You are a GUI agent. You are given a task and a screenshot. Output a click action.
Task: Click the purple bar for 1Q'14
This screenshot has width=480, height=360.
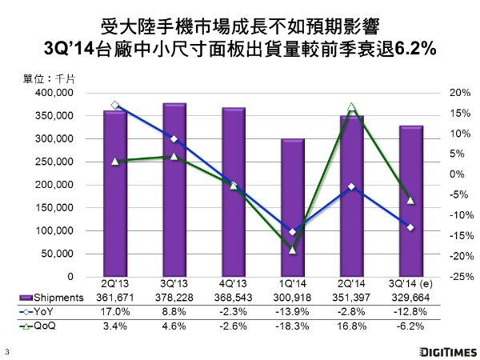coord(292,208)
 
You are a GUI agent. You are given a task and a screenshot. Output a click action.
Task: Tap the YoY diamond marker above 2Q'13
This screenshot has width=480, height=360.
coord(115,105)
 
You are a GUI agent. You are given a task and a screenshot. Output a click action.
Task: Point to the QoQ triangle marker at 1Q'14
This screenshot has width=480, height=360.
coord(292,250)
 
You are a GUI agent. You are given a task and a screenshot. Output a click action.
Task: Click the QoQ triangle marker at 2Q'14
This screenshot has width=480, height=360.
coord(351,106)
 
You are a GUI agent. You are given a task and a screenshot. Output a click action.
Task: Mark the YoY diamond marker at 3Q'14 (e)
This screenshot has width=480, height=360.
coord(410,227)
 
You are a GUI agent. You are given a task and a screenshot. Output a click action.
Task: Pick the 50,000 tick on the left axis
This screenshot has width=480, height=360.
coord(58,254)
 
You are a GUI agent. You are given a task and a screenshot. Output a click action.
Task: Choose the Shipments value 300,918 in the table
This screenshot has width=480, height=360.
coord(292,298)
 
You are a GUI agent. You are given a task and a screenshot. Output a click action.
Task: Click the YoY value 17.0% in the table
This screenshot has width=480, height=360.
coord(115,312)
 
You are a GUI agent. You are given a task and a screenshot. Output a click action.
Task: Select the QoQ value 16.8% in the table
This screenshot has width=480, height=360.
coord(351,326)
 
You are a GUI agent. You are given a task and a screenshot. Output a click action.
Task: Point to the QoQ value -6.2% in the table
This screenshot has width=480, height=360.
coord(410,326)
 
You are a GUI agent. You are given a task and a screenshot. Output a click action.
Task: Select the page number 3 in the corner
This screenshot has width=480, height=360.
coord(7,351)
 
